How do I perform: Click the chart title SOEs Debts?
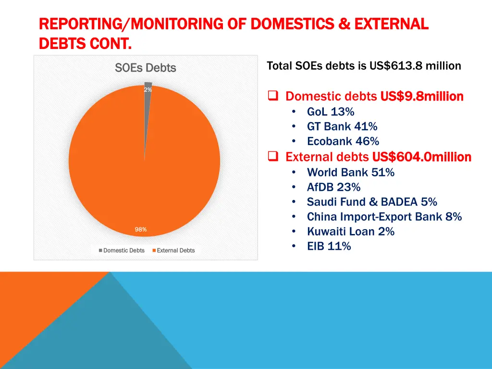146,68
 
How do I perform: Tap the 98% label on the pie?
141,230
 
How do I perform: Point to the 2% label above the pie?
148,90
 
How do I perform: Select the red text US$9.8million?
421,97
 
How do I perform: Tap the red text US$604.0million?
421,157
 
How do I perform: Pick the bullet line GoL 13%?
331,112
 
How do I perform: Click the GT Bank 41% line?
342,127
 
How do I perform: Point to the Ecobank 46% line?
343,141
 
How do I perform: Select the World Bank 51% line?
351,172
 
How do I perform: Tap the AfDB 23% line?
333,187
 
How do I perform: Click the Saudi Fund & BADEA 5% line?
372,202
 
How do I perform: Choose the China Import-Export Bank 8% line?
384,217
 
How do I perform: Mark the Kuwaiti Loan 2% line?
351,232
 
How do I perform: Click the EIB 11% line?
329,246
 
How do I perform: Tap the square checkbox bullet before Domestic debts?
273,96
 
